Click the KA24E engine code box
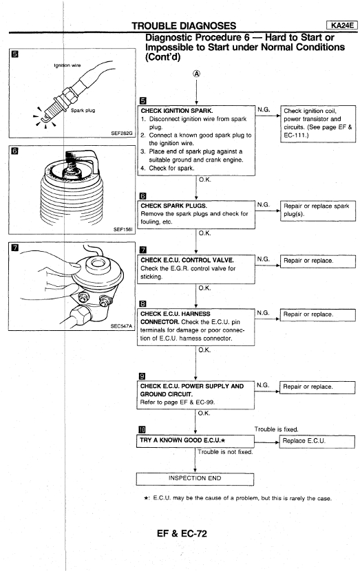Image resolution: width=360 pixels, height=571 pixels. click(x=342, y=25)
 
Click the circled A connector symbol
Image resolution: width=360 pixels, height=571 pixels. click(x=196, y=74)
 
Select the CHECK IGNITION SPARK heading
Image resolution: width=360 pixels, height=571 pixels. click(x=177, y=111)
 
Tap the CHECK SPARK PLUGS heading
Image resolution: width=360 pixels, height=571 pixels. click(x=174, y=206)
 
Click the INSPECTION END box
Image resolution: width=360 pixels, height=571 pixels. click(x=195, y=479)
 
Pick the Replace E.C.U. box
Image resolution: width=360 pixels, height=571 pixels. click(x=317, y=442)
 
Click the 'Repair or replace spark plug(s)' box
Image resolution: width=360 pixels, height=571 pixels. click(x=318, y=211)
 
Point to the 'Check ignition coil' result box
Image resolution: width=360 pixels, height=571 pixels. click(x=318, y=123)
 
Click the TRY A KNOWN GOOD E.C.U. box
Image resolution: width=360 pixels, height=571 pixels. click(x=195, y=440)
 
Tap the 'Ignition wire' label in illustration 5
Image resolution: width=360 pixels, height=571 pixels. click(x=67, y=65)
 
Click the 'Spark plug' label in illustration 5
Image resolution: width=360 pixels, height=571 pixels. click(x=83, y=110)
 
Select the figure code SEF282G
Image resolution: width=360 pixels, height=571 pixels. click(x=122, y=133)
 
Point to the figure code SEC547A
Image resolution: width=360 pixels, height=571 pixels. click(x=121, y=326)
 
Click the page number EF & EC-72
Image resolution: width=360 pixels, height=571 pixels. click(x=182, y=533)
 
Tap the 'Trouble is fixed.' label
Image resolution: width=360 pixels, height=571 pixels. click(x=276, y=429)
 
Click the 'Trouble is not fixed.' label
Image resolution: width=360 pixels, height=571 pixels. click(x=225, y=452)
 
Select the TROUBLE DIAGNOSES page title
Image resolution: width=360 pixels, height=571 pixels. click(x=184, y=26)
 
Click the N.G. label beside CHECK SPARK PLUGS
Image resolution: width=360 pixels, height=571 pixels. click(x=264, y=204)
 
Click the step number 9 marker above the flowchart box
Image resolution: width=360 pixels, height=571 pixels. click(x=142, y=376)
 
